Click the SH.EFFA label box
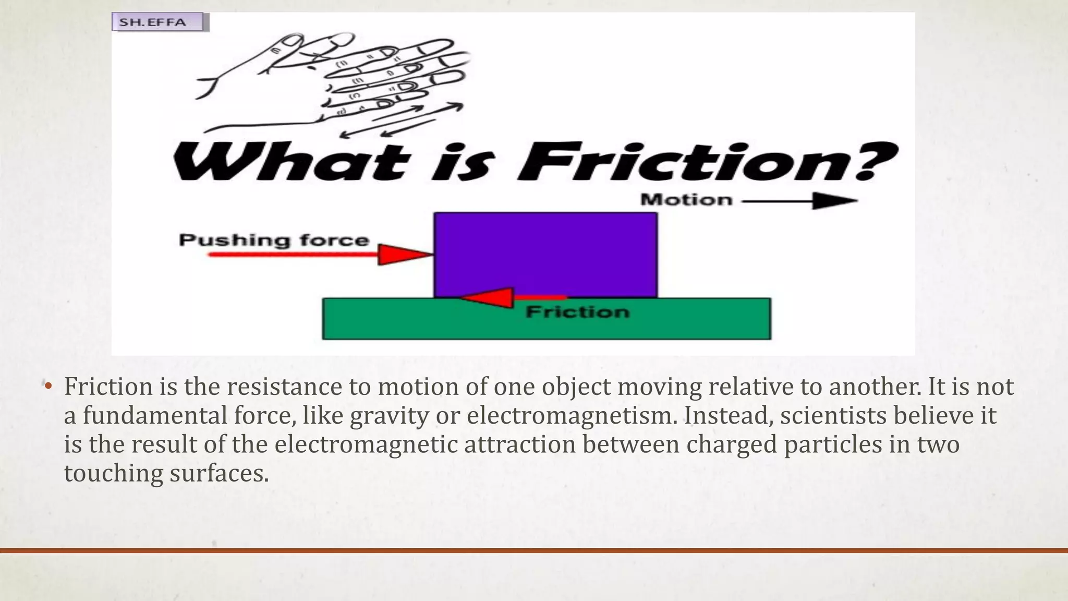(x=160, y=22)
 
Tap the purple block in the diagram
(x=545, y=255)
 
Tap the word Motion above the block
(x=686, y=200)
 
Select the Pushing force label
(x=274, y=240)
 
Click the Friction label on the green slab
(x=577, y=312)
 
